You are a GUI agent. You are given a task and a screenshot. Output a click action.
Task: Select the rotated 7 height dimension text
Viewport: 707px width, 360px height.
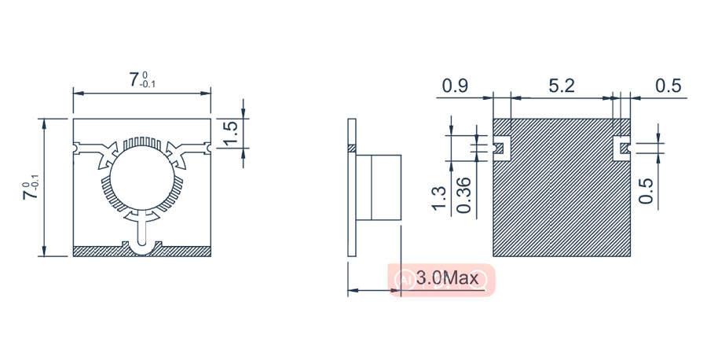pos(31,189)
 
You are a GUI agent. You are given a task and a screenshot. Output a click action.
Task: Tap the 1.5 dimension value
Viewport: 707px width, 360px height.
pos(230,133)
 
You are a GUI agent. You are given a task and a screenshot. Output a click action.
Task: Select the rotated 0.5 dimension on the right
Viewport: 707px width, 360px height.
pos(647,190)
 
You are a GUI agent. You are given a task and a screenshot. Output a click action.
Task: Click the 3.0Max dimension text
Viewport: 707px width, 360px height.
pos(447,278)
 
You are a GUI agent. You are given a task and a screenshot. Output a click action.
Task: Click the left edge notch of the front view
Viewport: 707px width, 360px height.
pos(77,147)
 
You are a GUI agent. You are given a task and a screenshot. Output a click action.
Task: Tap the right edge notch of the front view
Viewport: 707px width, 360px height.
pos(207,147)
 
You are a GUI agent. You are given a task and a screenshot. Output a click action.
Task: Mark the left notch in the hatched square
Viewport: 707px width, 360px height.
pos(499,145)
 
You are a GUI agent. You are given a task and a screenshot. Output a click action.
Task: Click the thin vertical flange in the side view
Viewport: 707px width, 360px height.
pos(353,197)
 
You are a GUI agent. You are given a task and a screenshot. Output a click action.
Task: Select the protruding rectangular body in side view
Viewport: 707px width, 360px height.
pos(380,187)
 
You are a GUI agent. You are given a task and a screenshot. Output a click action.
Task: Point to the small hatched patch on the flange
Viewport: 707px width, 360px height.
pos(353,148)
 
